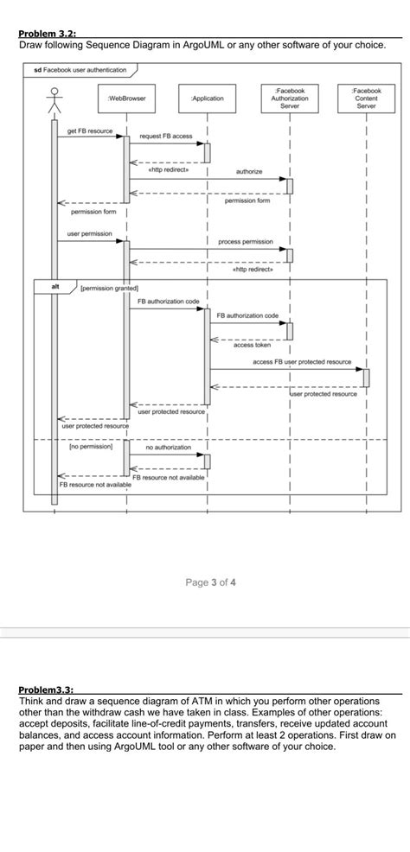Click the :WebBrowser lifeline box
(127, 99)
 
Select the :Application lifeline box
(208, 99)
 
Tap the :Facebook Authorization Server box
(289, 99)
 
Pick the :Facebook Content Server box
(366, 99)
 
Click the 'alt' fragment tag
(54, 286)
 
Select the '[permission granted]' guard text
(110, 287)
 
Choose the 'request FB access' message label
(166, 137)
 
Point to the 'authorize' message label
(249, 172)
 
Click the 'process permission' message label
(246, 241)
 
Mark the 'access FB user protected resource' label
(301, 362)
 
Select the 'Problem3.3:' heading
(46, 690)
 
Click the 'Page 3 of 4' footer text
(210, 582)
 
